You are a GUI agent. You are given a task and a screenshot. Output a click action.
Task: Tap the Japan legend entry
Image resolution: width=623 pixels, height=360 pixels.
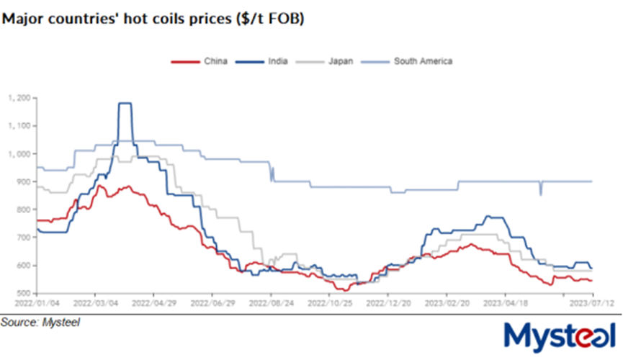[x=331, y=61]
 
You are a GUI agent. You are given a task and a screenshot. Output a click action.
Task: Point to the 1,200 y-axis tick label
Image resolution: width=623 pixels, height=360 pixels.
[x=19, y=98]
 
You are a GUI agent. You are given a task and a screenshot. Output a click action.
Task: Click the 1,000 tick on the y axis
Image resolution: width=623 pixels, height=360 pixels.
[x=19, y=153]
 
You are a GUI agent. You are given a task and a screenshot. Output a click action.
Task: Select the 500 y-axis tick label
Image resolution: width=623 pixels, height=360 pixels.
[x=23, y=294]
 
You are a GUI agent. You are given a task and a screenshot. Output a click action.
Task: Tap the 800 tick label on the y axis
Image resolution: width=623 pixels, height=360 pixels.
[x=23, y=210]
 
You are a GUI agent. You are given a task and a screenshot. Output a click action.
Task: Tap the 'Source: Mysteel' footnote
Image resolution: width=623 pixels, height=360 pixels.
[x=40, y=322]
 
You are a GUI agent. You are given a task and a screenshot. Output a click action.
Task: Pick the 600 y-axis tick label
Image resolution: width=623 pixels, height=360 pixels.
[x=23, y=266]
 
